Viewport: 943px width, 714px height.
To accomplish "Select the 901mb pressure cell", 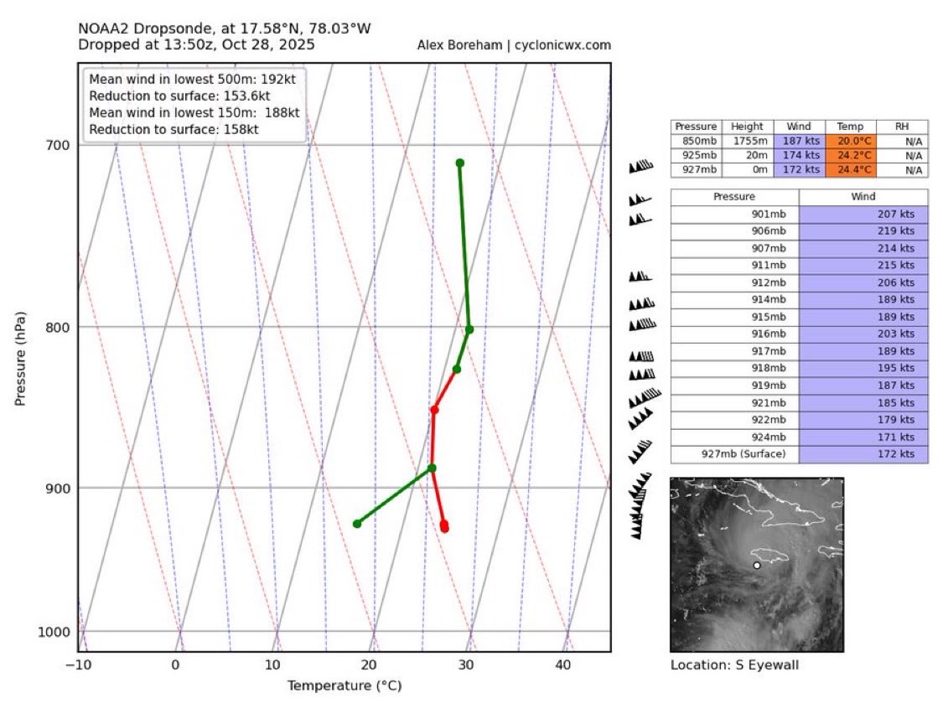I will [734, 214].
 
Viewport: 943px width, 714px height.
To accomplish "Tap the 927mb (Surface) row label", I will [734, 454].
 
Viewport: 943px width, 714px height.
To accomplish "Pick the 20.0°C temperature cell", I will [851, 141].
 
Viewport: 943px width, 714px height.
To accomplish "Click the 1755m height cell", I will [745, 141].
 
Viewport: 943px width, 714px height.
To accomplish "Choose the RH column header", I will [902, 127].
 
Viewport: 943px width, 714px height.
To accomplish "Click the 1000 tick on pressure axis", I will [55, 631].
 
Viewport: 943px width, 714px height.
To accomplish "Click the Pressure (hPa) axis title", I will [20, 359].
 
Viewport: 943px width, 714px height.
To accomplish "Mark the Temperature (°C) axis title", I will [345, 686].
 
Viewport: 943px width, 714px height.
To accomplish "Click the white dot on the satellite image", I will [757, 566].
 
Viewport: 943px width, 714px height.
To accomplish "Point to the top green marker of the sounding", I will [459, 163].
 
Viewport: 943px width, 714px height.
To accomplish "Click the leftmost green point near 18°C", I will [357, 524].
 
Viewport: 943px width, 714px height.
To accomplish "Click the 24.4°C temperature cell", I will [851, 170].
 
